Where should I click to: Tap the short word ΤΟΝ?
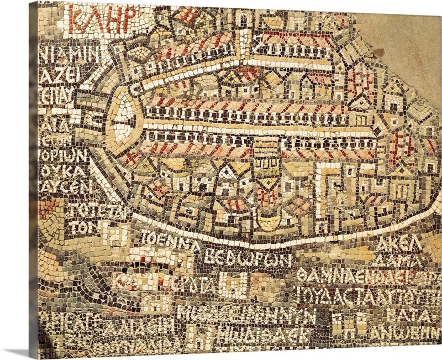click(x=79, y=227)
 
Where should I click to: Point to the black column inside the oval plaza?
click(x=127, y=117)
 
